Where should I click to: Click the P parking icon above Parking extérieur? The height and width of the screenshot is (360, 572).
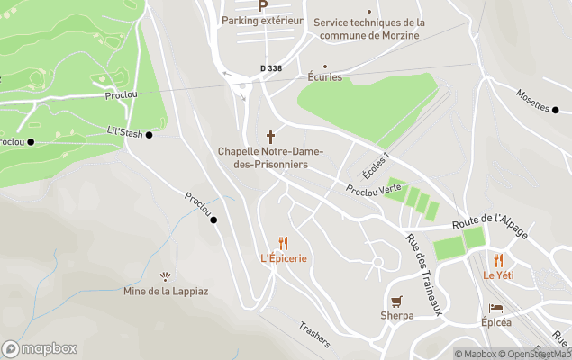point(263,5)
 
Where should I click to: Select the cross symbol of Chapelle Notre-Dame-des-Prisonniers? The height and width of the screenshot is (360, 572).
point(270,136)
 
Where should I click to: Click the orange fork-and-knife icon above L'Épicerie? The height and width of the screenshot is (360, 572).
point(283,242)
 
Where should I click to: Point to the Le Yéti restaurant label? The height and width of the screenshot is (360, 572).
point(497,274)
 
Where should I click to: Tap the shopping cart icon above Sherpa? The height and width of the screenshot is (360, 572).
point(396,301)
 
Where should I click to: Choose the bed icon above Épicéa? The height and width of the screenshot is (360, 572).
point(495,307)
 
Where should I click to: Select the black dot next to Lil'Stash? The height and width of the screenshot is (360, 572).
point(150,135)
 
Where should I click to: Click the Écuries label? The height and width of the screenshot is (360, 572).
point(324,77)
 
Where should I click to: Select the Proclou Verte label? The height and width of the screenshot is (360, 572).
point(373,189)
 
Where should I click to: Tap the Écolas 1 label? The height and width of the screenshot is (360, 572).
point(374,166)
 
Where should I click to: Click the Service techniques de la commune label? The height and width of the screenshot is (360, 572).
point(369,29)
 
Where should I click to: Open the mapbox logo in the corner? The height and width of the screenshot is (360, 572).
point(40,348)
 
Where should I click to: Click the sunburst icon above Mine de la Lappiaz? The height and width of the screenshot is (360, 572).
point(164,276)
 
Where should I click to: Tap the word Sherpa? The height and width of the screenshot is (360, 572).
point(396,316)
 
